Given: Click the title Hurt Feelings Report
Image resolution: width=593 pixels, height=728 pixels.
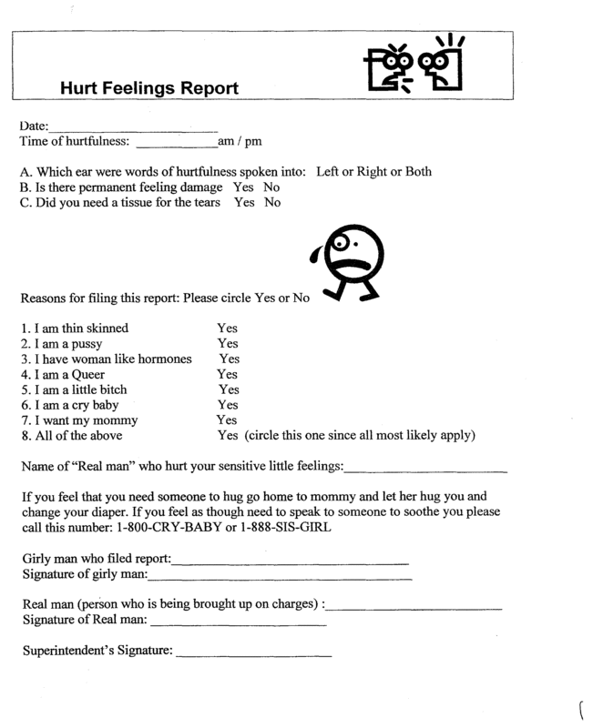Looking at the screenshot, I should pos(148,89).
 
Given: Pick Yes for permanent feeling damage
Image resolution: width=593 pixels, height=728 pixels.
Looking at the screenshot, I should pos(244,187).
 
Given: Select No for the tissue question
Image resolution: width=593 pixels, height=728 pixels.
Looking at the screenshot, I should pos(272,203).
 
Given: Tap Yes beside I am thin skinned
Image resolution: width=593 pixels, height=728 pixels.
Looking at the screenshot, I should pos(227,328).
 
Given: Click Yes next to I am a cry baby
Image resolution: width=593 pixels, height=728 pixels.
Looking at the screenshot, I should pos(228,405).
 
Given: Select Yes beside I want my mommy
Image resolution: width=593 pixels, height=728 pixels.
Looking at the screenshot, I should pos(226,420).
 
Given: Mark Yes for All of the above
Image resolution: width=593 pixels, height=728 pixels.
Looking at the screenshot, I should pos(228,436).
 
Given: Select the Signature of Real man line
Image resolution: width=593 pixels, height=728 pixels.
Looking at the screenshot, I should pos(236,624).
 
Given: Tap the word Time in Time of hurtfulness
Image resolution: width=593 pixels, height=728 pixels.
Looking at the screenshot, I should pos(33,142).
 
